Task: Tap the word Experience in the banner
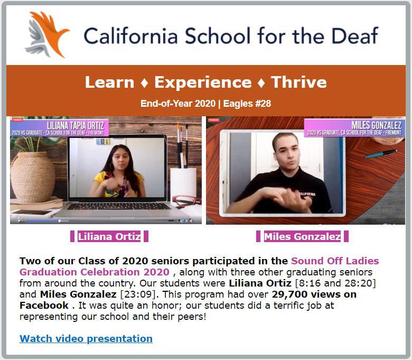click(x=203, y=82)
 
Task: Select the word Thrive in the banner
click(x=299, y=82)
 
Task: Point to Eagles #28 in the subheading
click(x=247, y=104)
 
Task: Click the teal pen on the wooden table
click(x=381, y=154)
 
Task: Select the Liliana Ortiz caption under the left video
click(x=109, y=236)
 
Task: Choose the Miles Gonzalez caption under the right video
click(x=303, y=236)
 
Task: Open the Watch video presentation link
click(x=86, y=338)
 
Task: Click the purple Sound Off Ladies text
click(x=335, y=261)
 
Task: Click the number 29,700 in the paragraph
click(x=289, y=294)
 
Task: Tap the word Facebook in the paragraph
click(x=44, y=306)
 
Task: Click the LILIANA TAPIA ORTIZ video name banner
click(x=59, y=128)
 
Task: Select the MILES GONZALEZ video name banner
click(x=354, y=128)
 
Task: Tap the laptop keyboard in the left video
click(x=119, y=206)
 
